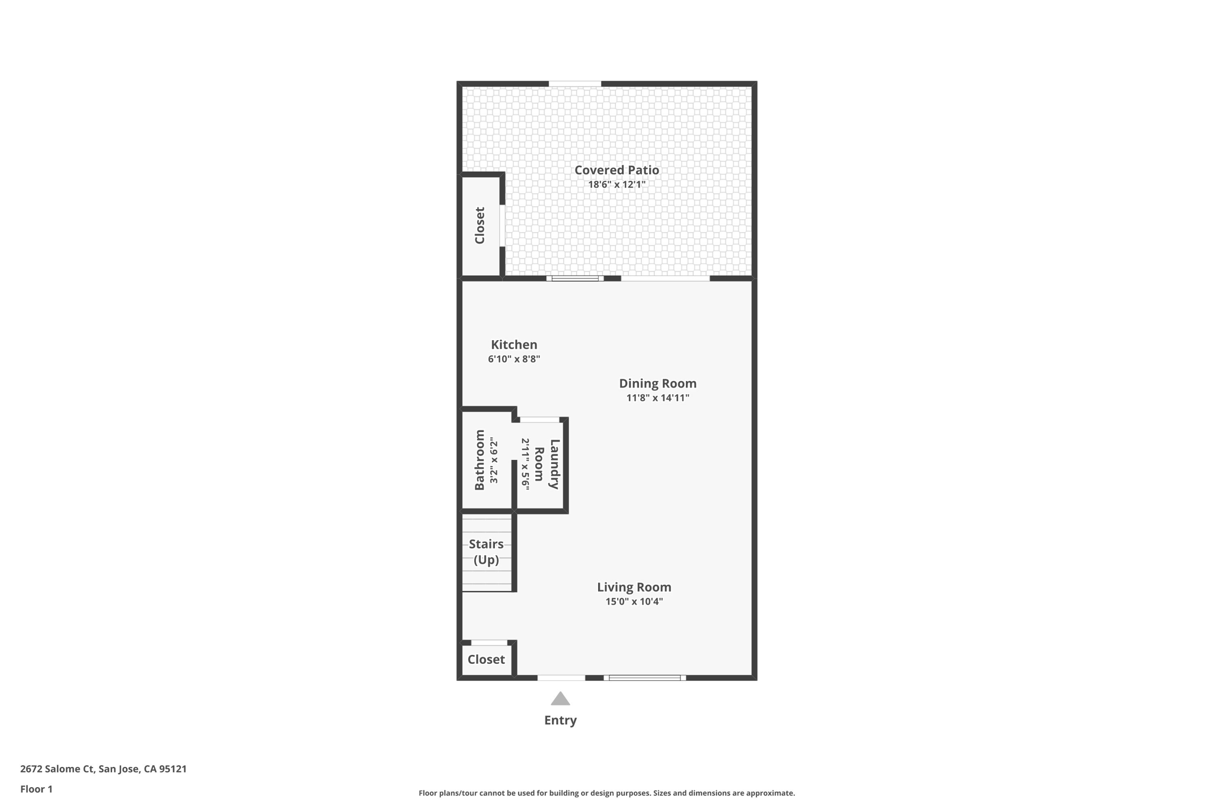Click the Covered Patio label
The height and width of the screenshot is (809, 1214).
[x=616, y=170]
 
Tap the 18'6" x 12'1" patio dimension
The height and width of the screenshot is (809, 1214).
[x=616, y=184]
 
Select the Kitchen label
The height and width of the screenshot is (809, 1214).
[x=514, y=344]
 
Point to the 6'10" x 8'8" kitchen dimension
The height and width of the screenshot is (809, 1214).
[x=514, y=359]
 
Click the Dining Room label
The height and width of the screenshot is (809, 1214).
[x=657, y=383]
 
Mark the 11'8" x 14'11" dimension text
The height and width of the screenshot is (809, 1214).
[x=657, y=398]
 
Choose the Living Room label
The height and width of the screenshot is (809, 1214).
[x=634, y=587]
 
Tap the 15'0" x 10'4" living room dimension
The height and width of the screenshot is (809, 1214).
[x=634, y=602]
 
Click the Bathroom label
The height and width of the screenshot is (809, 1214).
[x=480, y=460]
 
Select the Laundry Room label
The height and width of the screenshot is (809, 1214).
[x=547, y=463]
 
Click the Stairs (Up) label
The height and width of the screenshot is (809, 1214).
[x=486, y=552]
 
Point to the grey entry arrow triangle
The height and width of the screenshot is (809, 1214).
[x=560, y=699]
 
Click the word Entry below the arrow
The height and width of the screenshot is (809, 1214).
[x=560, y=720]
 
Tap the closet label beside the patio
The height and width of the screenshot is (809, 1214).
[x=480, y=225]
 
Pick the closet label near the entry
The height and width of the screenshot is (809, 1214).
[x=486, y=659]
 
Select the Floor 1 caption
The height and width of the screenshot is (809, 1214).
[x=36, y=789]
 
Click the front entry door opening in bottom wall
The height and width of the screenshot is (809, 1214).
[x=561, y=677]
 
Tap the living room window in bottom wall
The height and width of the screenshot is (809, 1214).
[x=644, y=677]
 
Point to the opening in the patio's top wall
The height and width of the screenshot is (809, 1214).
[x=574, y=84]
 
